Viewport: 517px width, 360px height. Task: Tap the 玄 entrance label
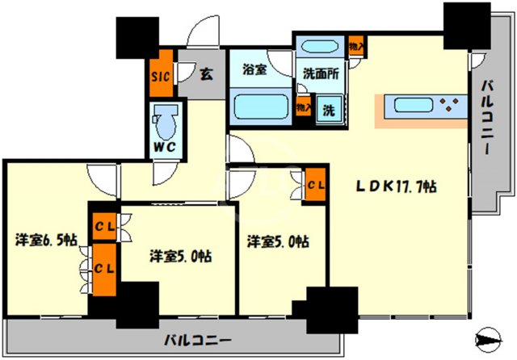click(x=207, y=75)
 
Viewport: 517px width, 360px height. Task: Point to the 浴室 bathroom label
click(x=255, y=70)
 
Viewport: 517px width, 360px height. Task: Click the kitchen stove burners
click(x=448, y=104)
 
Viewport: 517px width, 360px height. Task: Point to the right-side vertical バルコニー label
click(x=490, y=118)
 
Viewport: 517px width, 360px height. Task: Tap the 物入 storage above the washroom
click(x=355, y=45)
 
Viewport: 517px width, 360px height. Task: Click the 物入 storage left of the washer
click(x=304, y=107)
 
